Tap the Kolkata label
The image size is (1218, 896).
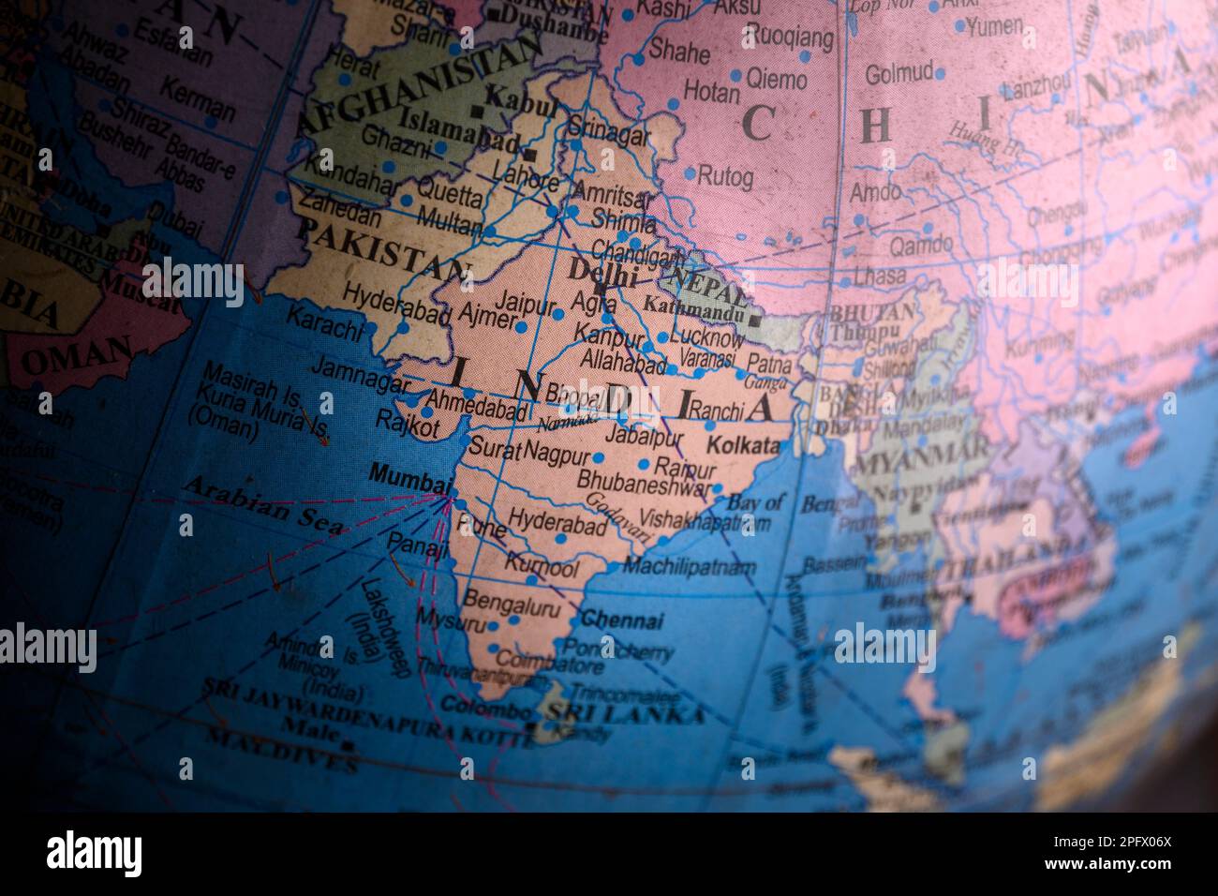coord(743,446)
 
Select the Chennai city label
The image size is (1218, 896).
coord(621,620)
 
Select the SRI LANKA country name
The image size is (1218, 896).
coord(625,714)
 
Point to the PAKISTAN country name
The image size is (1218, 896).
coord(383,248)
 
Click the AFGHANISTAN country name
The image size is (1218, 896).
coord(417,85)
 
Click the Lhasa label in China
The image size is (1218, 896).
coord(878,276)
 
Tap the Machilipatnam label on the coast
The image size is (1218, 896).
coord(689,567)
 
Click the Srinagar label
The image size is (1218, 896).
coord(609,134)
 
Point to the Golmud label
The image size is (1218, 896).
coord(899,73)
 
